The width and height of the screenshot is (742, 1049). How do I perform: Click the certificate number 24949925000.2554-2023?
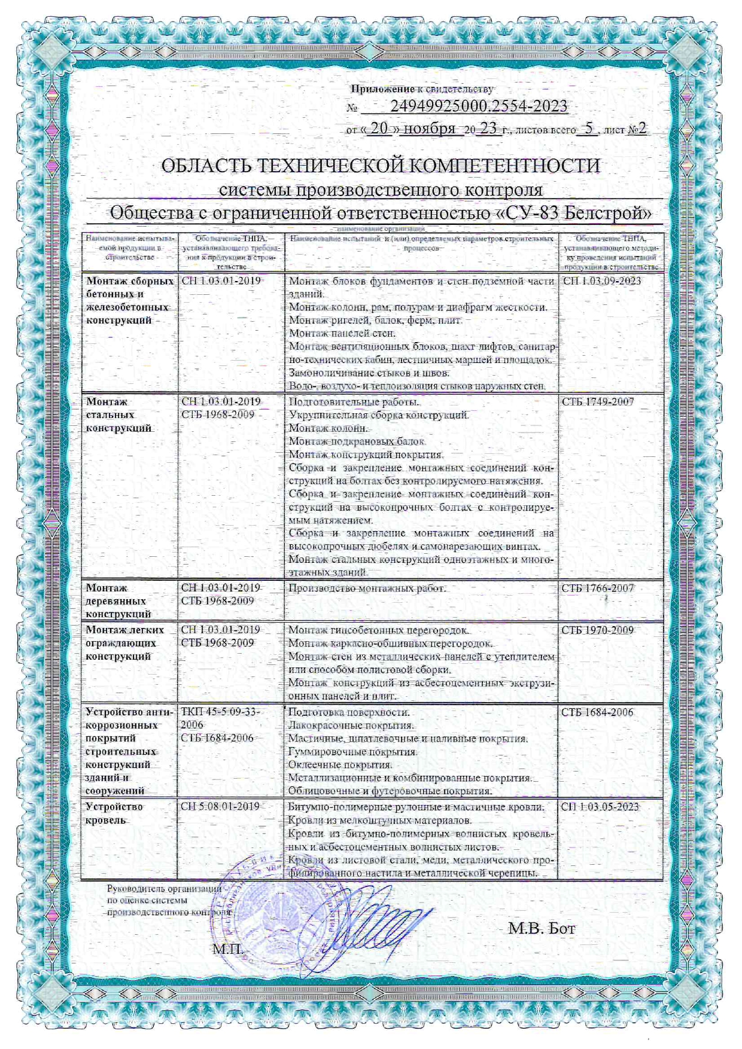[478, 106]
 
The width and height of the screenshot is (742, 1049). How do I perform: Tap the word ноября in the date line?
[430, 129]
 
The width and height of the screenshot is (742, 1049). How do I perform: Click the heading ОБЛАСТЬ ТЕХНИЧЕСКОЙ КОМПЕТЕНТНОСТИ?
[381, 166]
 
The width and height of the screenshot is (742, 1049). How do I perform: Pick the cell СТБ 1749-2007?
[597, 402]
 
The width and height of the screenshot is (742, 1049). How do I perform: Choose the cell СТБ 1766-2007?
[597, 588]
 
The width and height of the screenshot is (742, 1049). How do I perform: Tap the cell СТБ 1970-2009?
[597, 630]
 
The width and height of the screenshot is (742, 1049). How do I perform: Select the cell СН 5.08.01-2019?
[220, 807]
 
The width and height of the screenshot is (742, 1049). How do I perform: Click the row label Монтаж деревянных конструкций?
[118, 601]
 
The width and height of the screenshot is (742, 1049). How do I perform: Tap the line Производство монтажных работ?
[367, 588]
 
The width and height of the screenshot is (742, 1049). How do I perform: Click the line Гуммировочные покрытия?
[352, 752]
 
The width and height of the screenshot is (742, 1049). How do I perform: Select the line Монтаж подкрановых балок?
[357, 441]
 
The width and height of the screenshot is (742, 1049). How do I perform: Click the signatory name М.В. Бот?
[541, 929]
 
